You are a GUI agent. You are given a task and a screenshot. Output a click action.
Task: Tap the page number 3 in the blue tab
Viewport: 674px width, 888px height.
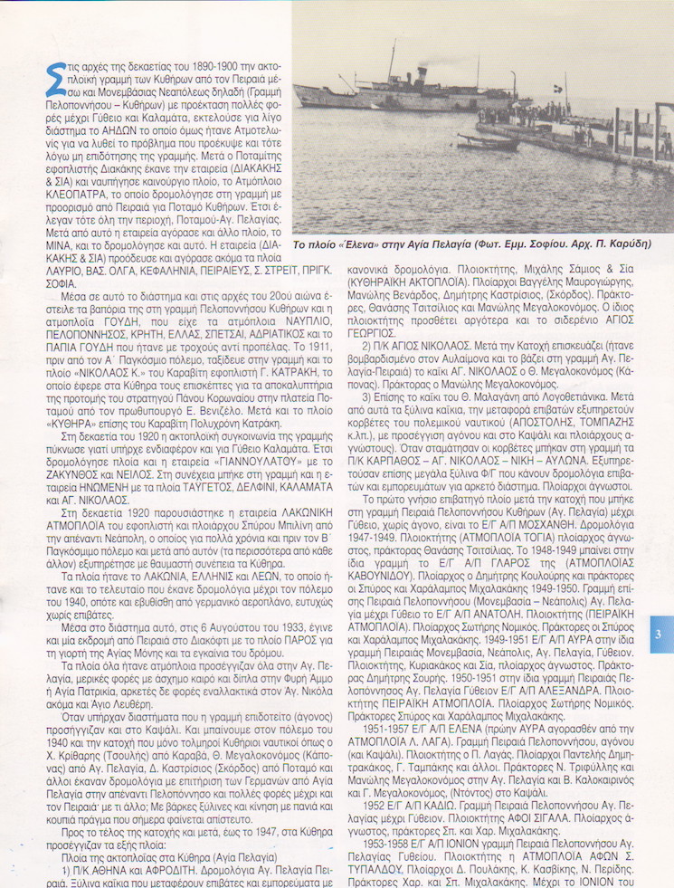(660, 635)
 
